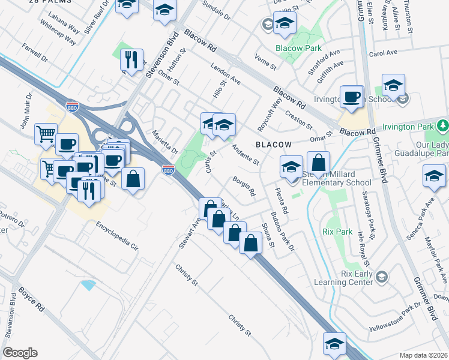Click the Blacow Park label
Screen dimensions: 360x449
pos(298,49)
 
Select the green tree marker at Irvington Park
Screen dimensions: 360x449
pos(443,126)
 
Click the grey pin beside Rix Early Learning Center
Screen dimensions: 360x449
pos(382,277)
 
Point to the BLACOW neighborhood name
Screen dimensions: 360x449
pos(273,145)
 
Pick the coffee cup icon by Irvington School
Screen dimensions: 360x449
pos(351,97)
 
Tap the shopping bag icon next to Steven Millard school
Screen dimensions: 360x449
pos(318,162)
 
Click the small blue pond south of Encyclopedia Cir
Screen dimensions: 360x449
pos(89,284)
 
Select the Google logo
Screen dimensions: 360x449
pos(20,353)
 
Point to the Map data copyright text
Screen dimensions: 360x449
pos(424,355)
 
